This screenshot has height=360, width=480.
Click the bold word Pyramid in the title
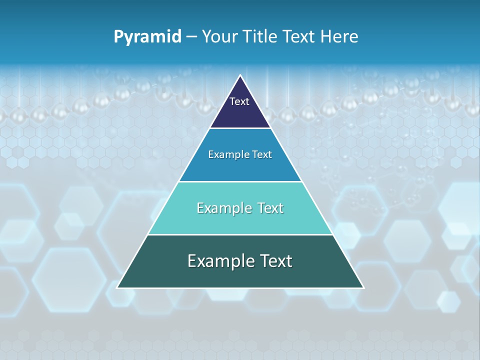click(147, 37)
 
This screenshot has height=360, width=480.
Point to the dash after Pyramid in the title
click(191, 37)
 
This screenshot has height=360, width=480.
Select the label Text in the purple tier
click(239, 101)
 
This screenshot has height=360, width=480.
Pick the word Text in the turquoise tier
click(270, 208)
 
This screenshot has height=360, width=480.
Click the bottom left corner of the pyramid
click(118, 287)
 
